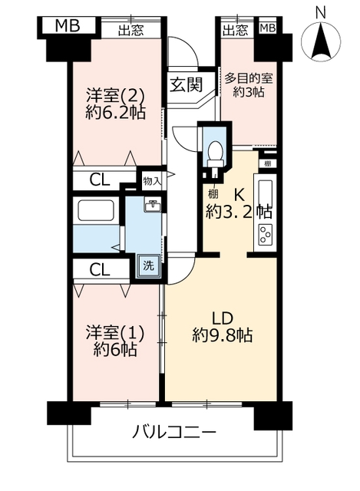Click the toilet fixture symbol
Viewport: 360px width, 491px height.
215,154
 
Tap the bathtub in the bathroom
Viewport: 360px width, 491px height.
95,211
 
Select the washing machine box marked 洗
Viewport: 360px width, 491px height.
148,265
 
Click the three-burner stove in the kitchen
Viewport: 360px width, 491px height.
266,234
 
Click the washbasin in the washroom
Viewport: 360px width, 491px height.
153,206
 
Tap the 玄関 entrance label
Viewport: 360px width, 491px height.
186,84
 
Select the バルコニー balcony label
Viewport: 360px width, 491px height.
174,433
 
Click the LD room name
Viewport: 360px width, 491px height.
223,318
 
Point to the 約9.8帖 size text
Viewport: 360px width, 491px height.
223,335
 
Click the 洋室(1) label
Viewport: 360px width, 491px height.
115,333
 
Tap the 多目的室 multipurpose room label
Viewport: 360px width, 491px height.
249,78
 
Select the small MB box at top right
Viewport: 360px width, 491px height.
268,28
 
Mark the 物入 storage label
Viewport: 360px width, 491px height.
152,181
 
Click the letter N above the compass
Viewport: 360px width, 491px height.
320,13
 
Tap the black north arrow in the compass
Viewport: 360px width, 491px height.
321,41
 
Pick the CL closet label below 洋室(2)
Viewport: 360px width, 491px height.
99,180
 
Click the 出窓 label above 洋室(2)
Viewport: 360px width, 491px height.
131,31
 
